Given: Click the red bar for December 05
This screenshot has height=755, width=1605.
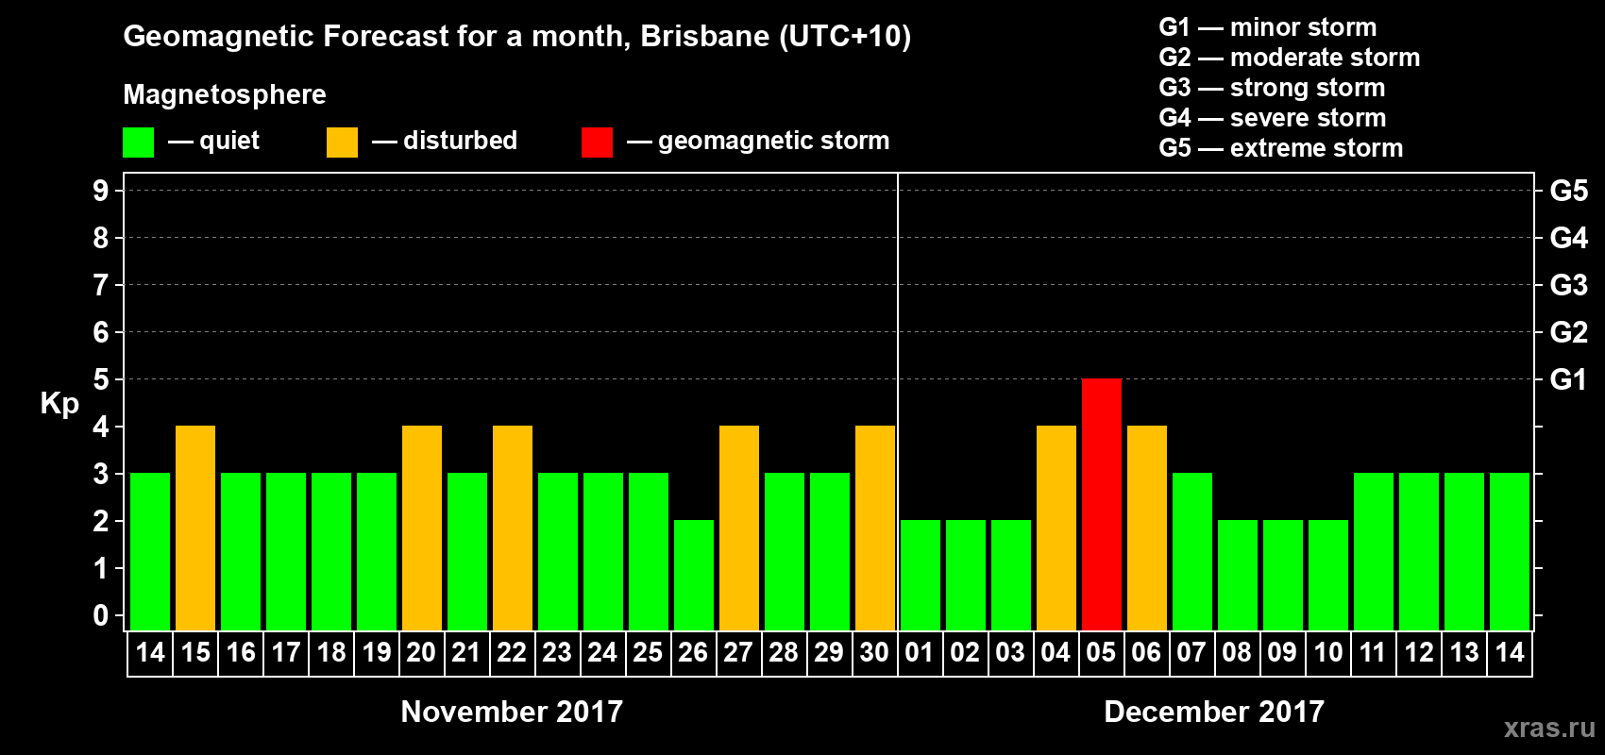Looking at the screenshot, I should coord(1101,504).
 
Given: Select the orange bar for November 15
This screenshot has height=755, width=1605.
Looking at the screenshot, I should coord(195,528).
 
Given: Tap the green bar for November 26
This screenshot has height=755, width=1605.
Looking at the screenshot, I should coord(694,575).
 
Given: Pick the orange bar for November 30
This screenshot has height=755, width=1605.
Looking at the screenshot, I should coord(875,528).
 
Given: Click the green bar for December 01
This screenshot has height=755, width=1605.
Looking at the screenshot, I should coord(921,575).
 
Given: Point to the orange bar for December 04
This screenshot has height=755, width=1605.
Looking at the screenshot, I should coord(1056,528).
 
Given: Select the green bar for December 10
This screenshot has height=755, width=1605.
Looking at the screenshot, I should coord(1328,575).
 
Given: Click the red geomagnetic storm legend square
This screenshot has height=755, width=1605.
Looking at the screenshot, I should coord(597,143).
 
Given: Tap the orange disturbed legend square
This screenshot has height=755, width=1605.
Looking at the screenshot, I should coord(342,143).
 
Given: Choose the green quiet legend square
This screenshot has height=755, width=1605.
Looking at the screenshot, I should coord(138,143).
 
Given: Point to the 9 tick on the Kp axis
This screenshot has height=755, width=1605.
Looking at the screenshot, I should coord(101,191).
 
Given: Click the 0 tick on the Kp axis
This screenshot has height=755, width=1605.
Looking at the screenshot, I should coord(101,616).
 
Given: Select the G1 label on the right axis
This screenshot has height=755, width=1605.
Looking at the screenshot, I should coord(1568,379).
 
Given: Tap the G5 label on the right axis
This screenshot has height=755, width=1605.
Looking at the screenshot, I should coord(1568,191).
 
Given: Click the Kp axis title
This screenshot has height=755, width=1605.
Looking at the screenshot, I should coord(59,404).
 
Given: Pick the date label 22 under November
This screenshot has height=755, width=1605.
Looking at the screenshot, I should coord(512,652).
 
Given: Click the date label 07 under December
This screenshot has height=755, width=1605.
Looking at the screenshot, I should coord(1191,652).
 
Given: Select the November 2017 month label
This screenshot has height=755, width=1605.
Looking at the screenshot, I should coord(512,712).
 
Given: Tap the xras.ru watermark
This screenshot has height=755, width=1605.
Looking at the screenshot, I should coord(1549,728).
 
